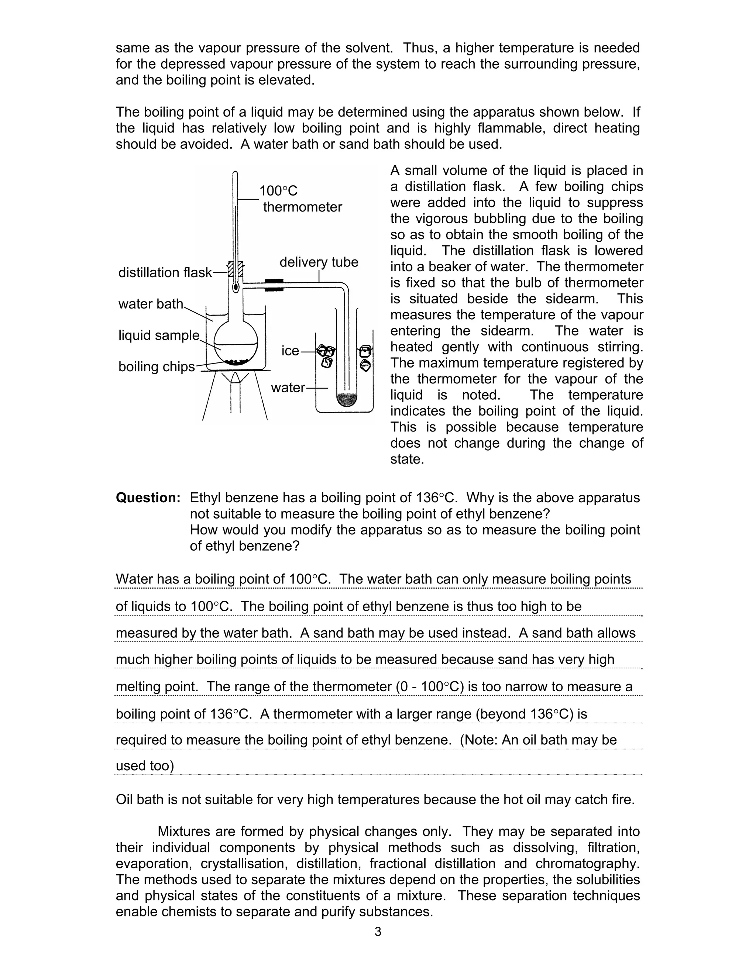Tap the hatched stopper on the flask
[x=236, y=269]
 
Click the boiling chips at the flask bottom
[x=236, y=361]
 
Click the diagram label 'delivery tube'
[x=319, y=262]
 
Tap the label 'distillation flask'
[x=165, y=272]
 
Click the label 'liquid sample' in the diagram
[x=158, y=335]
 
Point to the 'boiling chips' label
[x=156, y=366]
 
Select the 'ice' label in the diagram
[x=290, y=351]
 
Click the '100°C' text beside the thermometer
[x=278, y=191]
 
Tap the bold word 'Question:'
[x=148, y=497]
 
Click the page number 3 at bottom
[x=378, y=931]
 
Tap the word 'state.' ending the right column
[x=407, y=459]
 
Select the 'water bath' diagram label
[x=151, y=304]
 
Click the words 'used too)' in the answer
[x=145, y=766]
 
